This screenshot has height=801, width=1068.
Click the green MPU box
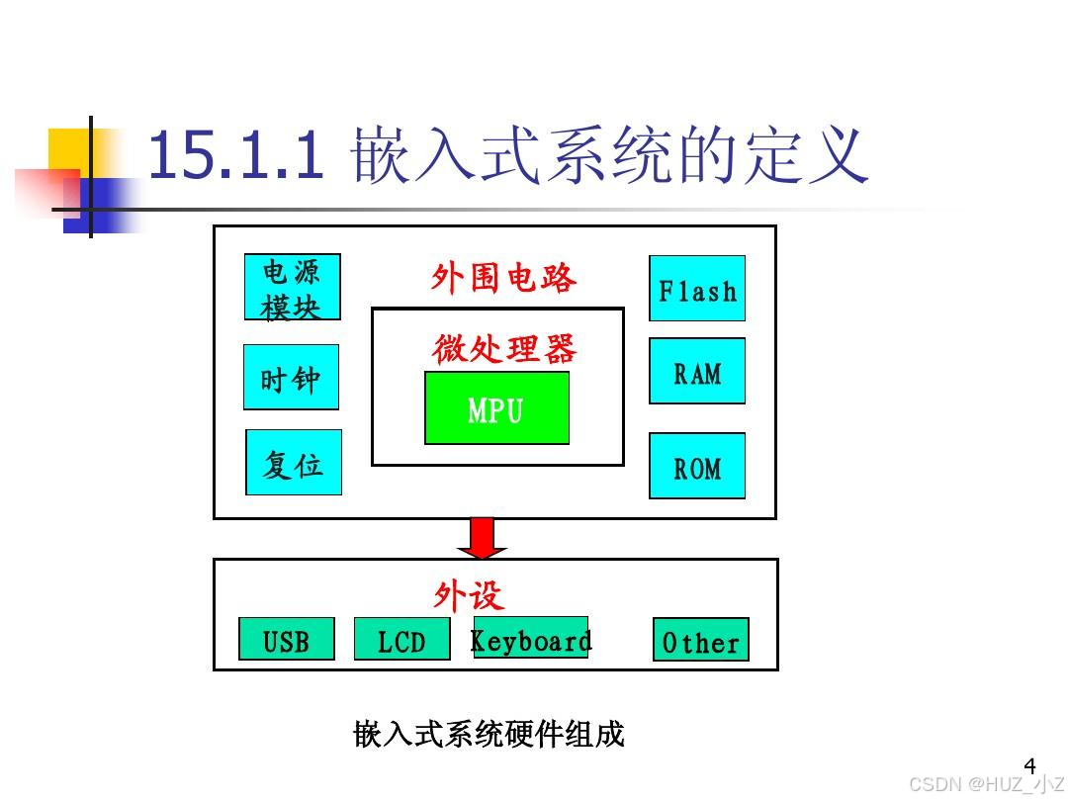click(496, 407)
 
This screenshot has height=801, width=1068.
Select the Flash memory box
click(697, 289)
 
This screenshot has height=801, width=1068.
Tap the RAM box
click(697, 371)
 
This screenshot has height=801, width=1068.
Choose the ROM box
click(697, 466)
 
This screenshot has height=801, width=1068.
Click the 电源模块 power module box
click(292, 287)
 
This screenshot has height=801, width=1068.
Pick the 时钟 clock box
click(291, 377)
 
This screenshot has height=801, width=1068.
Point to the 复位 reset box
click(293, 462)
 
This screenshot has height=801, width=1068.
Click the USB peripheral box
click(287, 639)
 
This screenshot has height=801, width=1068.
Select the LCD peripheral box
click(401, 639)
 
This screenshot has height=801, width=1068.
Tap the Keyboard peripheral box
click(530, 638)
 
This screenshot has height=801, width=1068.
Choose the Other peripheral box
click(700, 640)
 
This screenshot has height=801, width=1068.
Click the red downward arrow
click(482, 537)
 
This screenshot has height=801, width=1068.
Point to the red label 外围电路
click(503, 278)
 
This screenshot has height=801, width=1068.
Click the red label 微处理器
click(504, 348)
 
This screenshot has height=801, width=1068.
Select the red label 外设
click(468, 595)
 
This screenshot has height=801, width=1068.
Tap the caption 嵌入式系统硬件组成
click(489, 735)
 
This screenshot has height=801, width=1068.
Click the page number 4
click(1029, 765)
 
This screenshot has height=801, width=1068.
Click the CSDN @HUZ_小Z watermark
click(985, 784)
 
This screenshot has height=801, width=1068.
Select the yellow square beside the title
click(69, 148)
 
